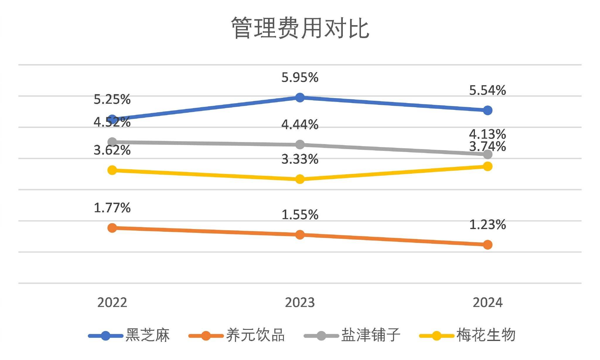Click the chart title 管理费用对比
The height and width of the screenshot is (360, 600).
(x=300, y=28)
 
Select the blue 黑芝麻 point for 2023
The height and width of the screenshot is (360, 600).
(x=300, y=97)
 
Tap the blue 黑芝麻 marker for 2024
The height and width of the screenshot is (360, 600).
(x=487, y=110)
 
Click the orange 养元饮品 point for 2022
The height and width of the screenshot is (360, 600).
(x=112, y=228)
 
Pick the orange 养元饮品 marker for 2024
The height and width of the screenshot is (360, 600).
(x=487, y=245)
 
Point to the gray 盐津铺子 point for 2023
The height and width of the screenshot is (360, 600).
(x=300, y=144)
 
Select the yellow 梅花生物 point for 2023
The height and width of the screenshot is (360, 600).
(x=300, y=179)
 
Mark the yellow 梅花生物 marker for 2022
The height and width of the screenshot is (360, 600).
(x=112, y=170)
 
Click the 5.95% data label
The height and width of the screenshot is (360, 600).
(x=300, y=78)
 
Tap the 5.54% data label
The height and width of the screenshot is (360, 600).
(x=487, y=91)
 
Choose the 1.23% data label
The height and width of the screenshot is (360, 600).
(x=487, y=225)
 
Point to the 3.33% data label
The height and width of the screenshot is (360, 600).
(x=300, y=159)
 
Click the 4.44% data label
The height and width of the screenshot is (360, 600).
(x=300, y=125)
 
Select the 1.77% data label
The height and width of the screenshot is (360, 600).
(x=112, y=208)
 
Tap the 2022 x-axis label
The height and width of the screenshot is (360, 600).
(x=112, y=303)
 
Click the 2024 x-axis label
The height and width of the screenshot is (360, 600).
(x=487, y=303)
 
